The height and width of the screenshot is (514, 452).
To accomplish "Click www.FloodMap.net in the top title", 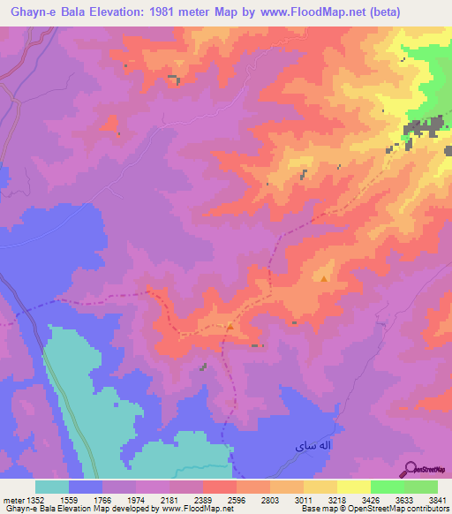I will coord(301,12).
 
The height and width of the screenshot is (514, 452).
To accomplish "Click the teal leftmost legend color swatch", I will coord(52,487).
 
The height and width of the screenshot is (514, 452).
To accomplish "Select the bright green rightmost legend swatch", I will coord(420,487).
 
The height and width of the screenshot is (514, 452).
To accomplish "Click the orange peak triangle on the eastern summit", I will coord(325,280).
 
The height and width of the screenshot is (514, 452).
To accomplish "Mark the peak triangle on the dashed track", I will coord(230,326).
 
